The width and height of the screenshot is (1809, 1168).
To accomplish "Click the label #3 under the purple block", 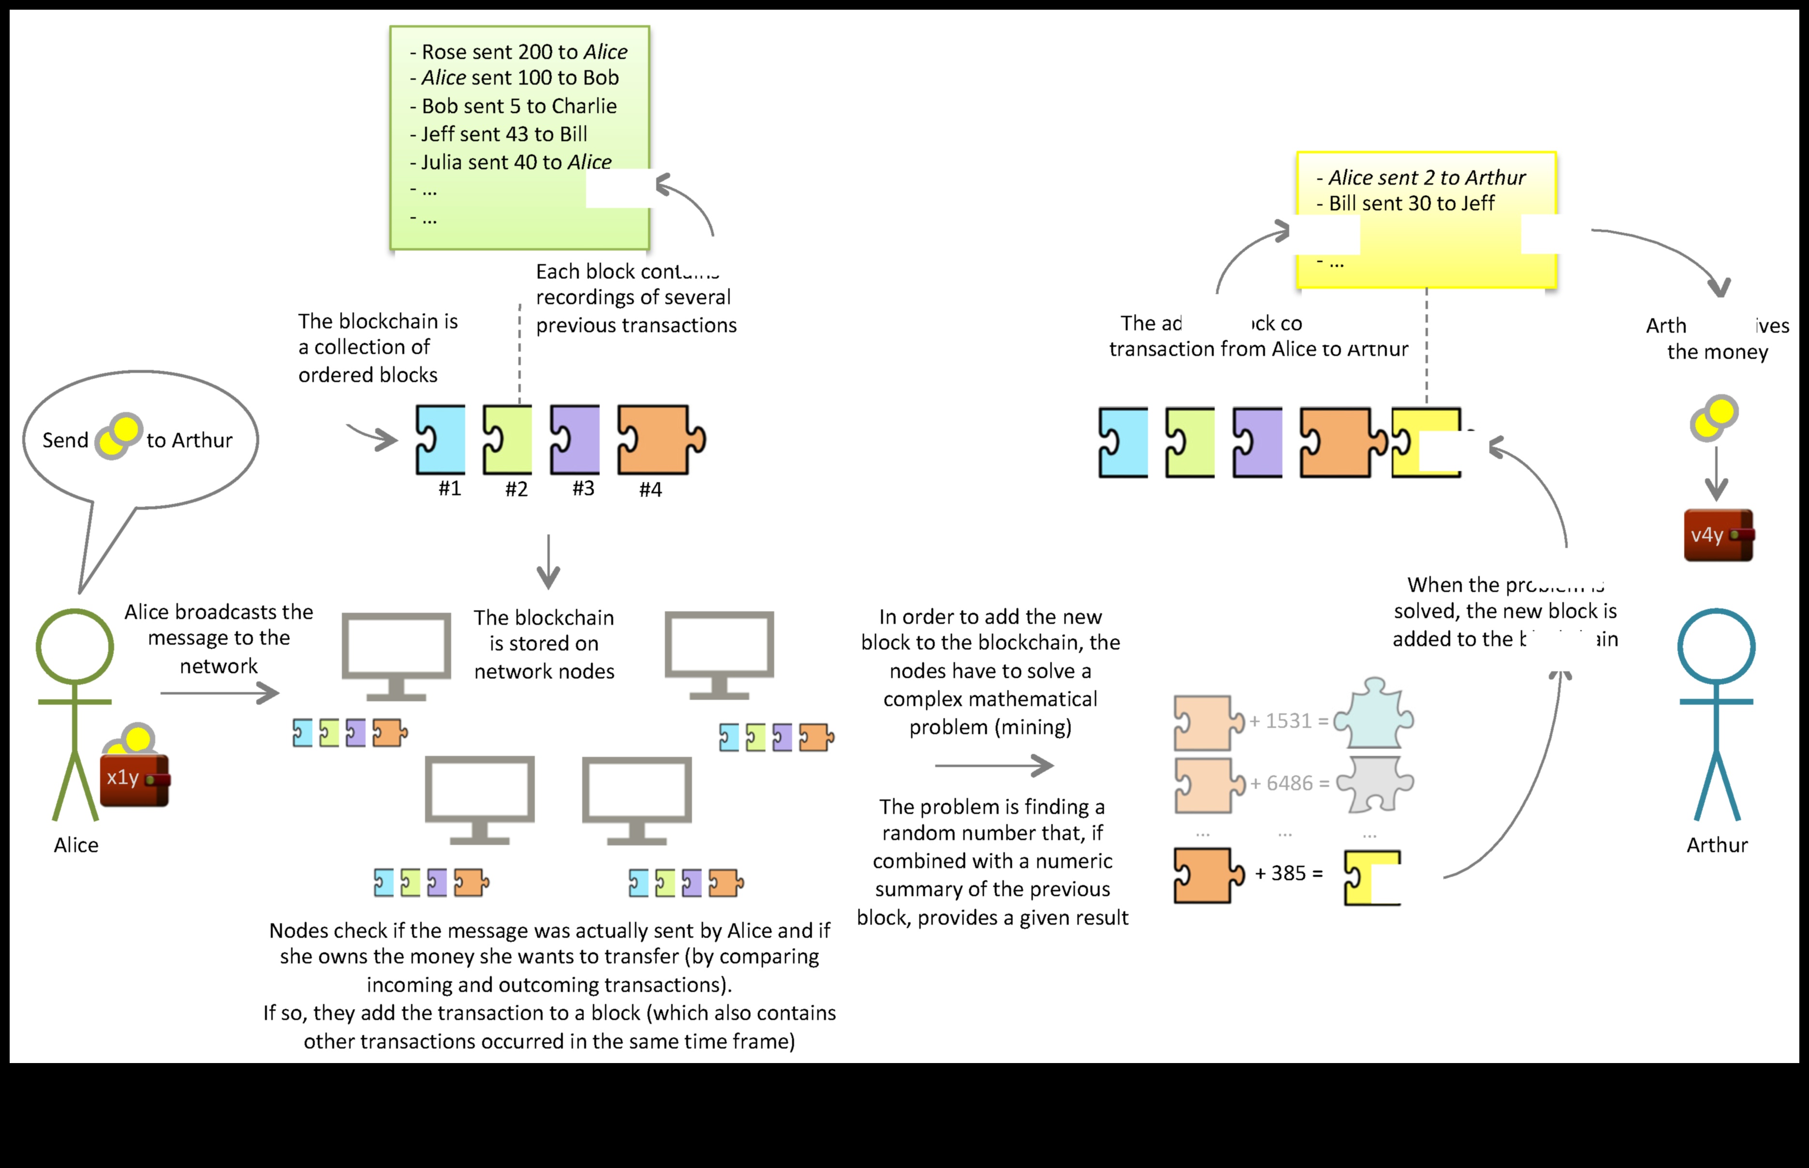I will click(583, 488).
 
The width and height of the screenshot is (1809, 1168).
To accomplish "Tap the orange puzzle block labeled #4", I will click(657, 440).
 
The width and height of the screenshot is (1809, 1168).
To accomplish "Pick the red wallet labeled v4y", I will click(1718, 535).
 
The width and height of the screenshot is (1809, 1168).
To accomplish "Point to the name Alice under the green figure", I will click(76, 845).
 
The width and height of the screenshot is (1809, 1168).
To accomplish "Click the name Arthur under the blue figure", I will click(1717, 845).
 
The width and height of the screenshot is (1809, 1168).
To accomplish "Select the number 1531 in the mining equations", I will click(1288, 721).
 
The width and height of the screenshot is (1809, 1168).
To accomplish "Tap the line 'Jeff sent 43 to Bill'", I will click(504, 134).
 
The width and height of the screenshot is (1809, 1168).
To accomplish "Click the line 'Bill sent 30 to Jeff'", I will click(1411, 203).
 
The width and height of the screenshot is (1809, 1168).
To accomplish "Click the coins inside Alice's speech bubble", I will click(119, 436).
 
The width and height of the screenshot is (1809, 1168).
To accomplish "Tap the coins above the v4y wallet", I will click(1714, 417).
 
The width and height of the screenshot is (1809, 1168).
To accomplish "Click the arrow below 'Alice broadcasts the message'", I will click(220, 693).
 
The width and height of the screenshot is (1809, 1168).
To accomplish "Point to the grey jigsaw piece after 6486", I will click(1375, 784).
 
